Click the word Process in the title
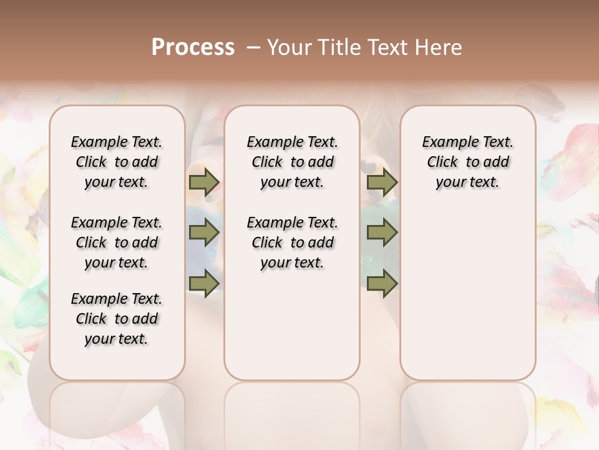[x=193, y=47]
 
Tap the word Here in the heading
[x=440, y=47]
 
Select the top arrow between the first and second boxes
[x=203, y=182]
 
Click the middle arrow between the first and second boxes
[x=203, y=233]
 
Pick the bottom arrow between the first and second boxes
[x=203, y=283]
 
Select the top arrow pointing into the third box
[x=382, y=182]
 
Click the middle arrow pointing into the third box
[x=382, y=233]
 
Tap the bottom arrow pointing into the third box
[x=382, y=283]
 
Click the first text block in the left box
[x=117, y=162]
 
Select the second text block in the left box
[x=117, y=242]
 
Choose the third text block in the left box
[x=117, y=319]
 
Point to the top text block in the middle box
[x=292, y=162]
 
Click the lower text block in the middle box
[x=292, y=242]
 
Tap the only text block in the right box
[x=467, y=162]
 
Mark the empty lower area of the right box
[x=467, y=287]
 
